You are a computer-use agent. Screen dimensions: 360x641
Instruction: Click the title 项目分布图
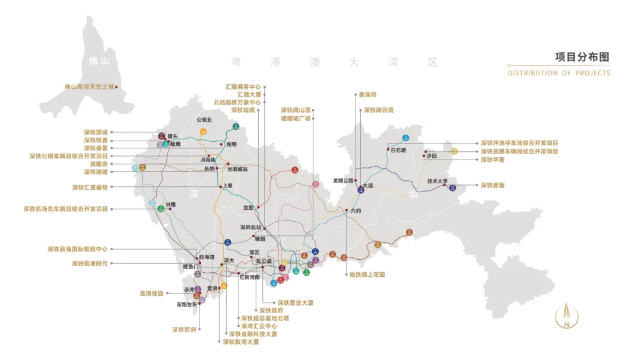tap(582, 57)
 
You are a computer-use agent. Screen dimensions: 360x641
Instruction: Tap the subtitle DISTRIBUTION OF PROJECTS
tap(559, 73)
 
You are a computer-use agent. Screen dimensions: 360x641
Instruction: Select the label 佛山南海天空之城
tap(88, 87)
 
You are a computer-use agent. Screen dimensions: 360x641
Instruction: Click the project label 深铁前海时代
tap(90, 263)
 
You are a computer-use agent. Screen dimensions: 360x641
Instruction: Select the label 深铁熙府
tap(184, 329)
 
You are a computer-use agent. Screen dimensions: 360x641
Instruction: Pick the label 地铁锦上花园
tap(367, 275)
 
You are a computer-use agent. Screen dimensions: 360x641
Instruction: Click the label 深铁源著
tap(493, 186)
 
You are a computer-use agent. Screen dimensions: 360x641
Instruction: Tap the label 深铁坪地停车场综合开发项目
tap(519, 143)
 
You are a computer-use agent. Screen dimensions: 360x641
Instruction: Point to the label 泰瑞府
tap(367, 94)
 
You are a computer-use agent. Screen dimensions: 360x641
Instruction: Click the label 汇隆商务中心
tap(243, 87)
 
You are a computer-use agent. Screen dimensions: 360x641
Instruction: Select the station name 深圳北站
tap(250, 227)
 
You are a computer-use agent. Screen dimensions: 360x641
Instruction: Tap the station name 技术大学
tap(437, 181)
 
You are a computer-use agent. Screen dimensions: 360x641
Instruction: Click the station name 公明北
tap(204, 120)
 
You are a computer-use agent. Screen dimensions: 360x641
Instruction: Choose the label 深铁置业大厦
tap(296, 303)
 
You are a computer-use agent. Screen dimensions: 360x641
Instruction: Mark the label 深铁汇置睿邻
tap(90, 187)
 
